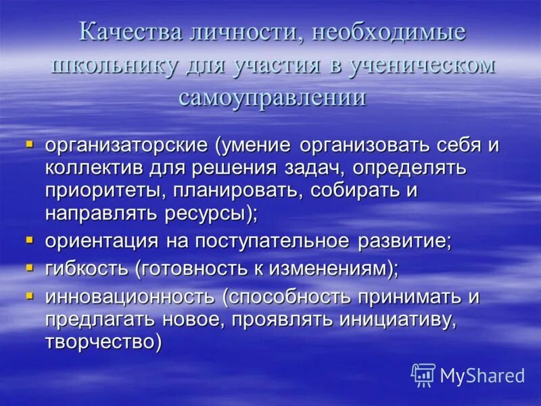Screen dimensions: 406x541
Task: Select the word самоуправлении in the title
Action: coord(273,97)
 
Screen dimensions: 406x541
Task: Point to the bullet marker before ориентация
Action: coord(29,240)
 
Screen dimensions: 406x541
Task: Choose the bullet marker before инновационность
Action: coord(29,295)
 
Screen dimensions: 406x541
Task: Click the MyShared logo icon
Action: coord(423,375)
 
